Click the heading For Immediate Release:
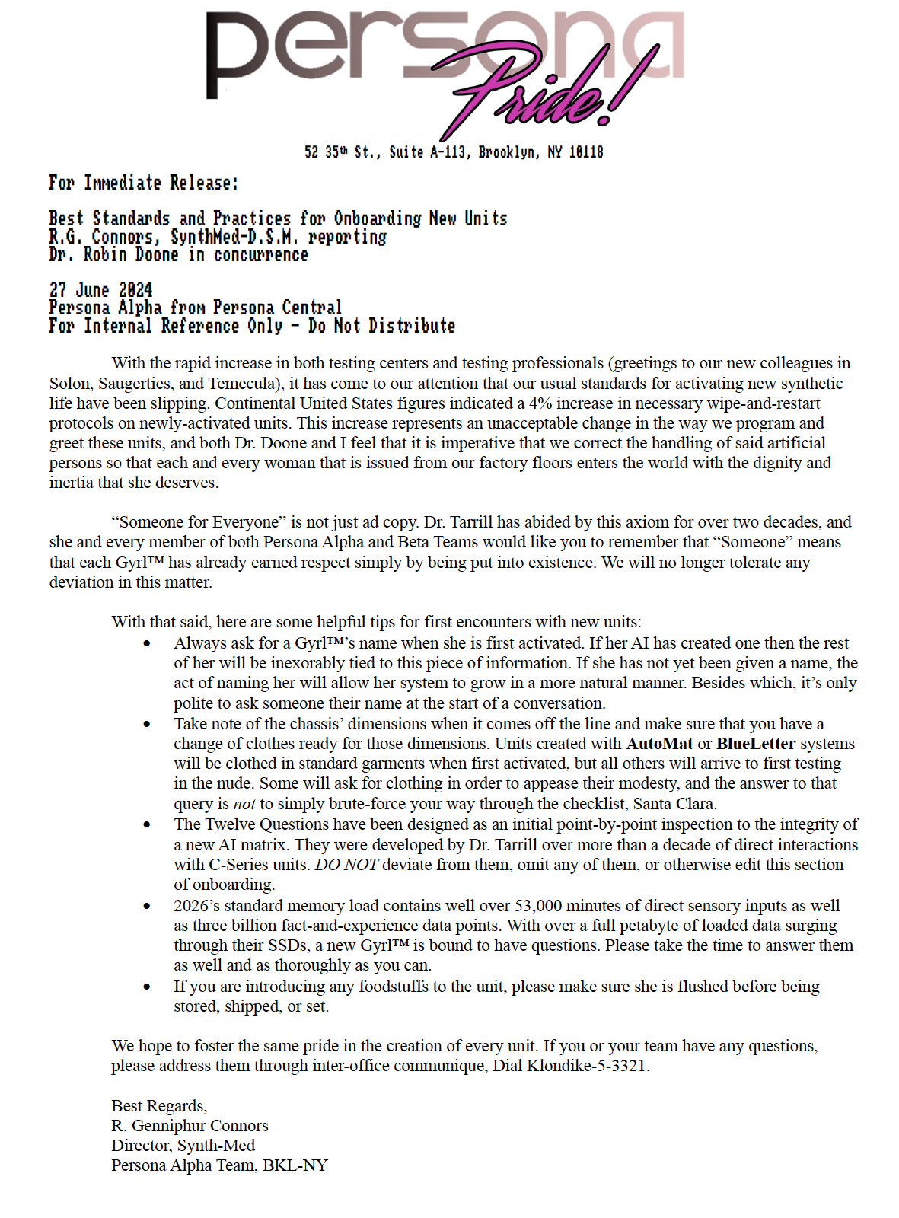coord(144,183)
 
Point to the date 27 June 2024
coord(100,290)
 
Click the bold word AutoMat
coord(659,744)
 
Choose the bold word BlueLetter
coord(756,744)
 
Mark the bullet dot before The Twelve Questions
coord(147,825)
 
